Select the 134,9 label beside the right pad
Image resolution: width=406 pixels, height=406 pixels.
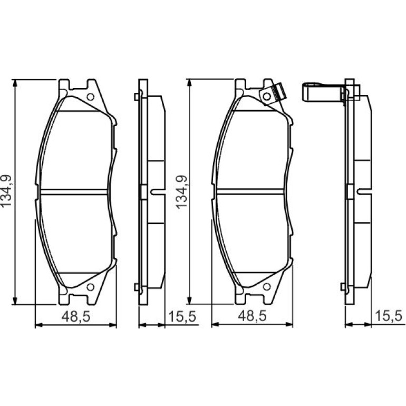click(181, 192)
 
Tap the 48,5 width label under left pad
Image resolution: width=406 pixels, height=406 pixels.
click(76, 317)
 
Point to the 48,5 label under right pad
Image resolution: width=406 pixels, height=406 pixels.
click(252, 316)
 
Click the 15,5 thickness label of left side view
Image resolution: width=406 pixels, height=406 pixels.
click(182, 316)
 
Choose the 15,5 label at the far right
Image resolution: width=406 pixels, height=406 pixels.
click(389, 316)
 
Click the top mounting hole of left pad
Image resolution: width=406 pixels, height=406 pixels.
click(90, 97)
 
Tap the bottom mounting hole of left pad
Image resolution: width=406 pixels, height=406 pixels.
click(90, 287)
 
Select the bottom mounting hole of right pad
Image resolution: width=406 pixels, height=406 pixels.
click(267, 287)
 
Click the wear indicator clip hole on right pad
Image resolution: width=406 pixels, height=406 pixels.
click(267, 96)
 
